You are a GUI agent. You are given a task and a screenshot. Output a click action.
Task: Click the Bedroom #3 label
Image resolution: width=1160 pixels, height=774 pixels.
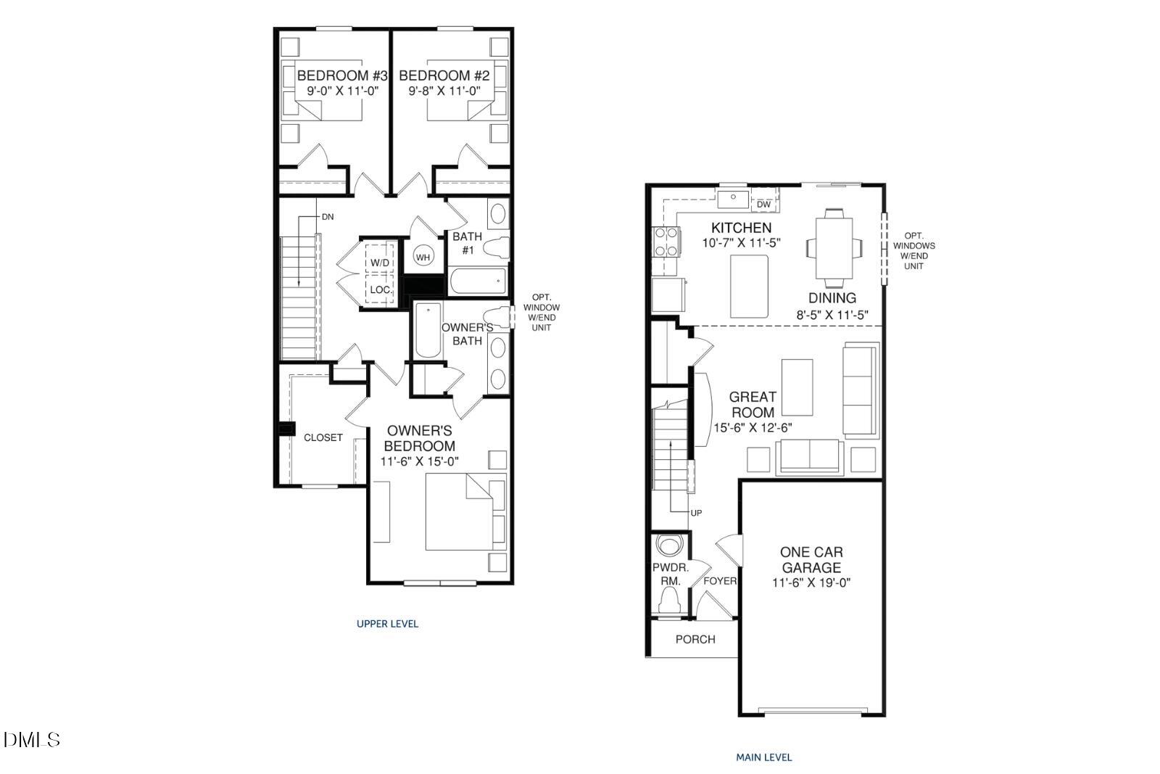coord(343,75)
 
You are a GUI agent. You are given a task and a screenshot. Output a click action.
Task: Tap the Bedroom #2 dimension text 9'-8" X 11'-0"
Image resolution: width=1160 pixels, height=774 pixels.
coord(444,91)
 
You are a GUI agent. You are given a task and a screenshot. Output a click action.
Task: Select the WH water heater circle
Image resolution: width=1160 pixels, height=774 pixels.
coord(423,257)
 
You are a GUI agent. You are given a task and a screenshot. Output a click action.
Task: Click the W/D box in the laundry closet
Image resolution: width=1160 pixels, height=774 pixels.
coord(380,262)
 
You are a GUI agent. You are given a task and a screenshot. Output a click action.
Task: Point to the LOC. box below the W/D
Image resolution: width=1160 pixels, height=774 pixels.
coord(380,289)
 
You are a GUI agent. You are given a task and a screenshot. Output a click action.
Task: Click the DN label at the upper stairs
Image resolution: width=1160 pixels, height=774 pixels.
coord(328,217)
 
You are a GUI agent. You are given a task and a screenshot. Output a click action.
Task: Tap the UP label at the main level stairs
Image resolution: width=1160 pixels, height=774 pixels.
coord(696,513)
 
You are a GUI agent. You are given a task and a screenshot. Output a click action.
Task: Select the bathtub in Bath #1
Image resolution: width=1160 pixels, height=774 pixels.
coord(478,281)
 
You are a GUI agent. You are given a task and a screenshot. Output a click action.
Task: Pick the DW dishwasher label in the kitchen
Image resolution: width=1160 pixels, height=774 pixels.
coord(763,205)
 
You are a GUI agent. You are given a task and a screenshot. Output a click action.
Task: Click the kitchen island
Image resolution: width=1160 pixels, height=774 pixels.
coord(749,287)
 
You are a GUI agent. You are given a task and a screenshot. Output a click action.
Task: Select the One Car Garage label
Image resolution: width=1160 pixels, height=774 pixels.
coord(811,560)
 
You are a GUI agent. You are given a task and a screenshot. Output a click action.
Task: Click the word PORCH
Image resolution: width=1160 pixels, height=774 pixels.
coord(695,639)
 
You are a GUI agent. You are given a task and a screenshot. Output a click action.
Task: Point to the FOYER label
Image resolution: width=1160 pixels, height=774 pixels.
coord(720,581)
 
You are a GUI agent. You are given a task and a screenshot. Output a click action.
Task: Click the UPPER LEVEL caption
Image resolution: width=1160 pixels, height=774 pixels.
coord(387,623)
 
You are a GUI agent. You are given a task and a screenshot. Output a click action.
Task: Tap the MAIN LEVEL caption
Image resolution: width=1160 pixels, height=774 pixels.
coord(763,757)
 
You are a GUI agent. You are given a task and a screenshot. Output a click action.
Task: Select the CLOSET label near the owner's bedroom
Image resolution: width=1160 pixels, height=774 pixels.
coord(323,437)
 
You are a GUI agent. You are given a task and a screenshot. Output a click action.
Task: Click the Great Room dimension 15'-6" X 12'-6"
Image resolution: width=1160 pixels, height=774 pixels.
coord(753,428)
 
